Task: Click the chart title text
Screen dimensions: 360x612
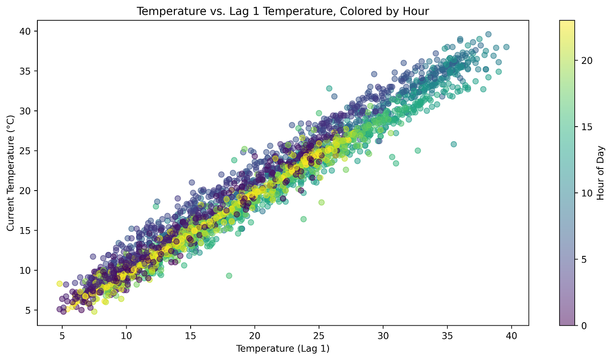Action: pos(283,11)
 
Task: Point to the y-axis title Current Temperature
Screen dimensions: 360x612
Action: pos(10,173)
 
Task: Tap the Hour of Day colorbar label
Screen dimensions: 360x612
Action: pos(600,173)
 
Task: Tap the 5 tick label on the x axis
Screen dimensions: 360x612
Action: pos(62,336)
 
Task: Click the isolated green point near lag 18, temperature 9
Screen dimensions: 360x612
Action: pos(229,275)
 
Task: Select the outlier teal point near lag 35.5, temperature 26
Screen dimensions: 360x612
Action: pos(454,144)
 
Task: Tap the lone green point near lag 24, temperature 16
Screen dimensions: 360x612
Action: pos(304,219)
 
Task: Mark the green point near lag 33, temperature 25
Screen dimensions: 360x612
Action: pos(418,150)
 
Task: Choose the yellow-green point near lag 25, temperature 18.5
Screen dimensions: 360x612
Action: pos(321,202)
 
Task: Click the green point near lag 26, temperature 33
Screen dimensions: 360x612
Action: pos(329,88)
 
